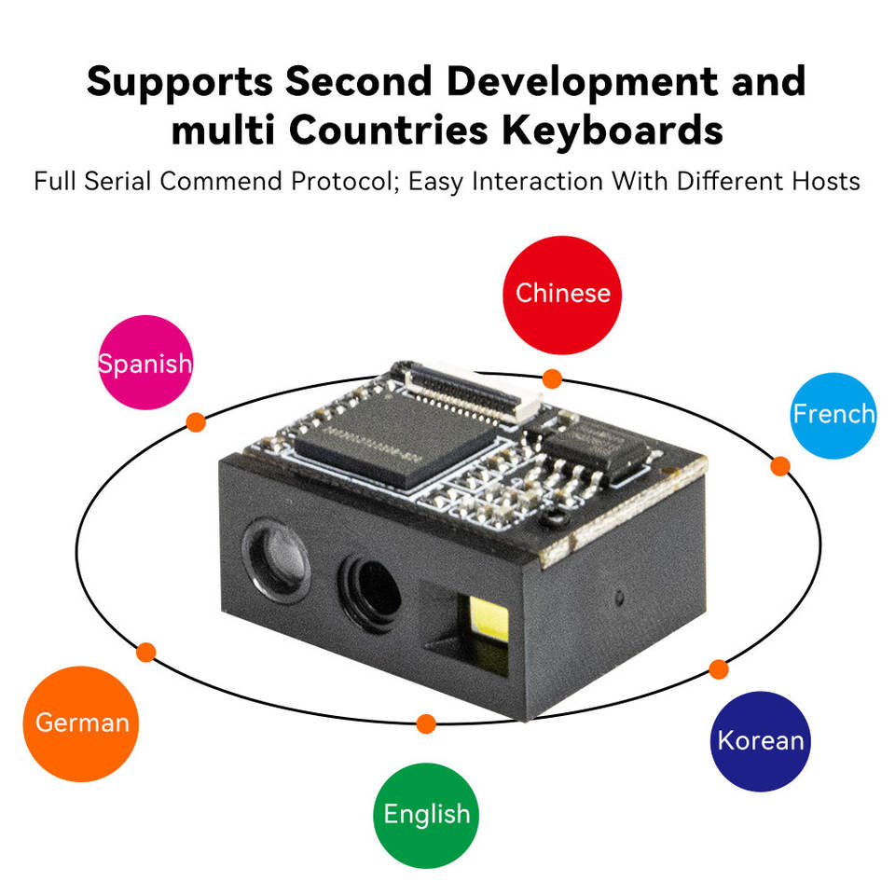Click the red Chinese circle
point(562,295)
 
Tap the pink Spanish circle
point(145,363)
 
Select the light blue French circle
point(833,415)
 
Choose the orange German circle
point(81,723)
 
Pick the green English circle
point(426,815)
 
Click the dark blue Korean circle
point(760,741)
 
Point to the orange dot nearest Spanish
point(196,421)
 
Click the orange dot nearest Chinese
point(552,379)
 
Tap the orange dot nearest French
point(780,466)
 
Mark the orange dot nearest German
point(145,652)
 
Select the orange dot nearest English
point(426,723)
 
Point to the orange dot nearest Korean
point(718,668)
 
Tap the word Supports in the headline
point(179,82)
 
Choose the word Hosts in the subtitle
point(823,180)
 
